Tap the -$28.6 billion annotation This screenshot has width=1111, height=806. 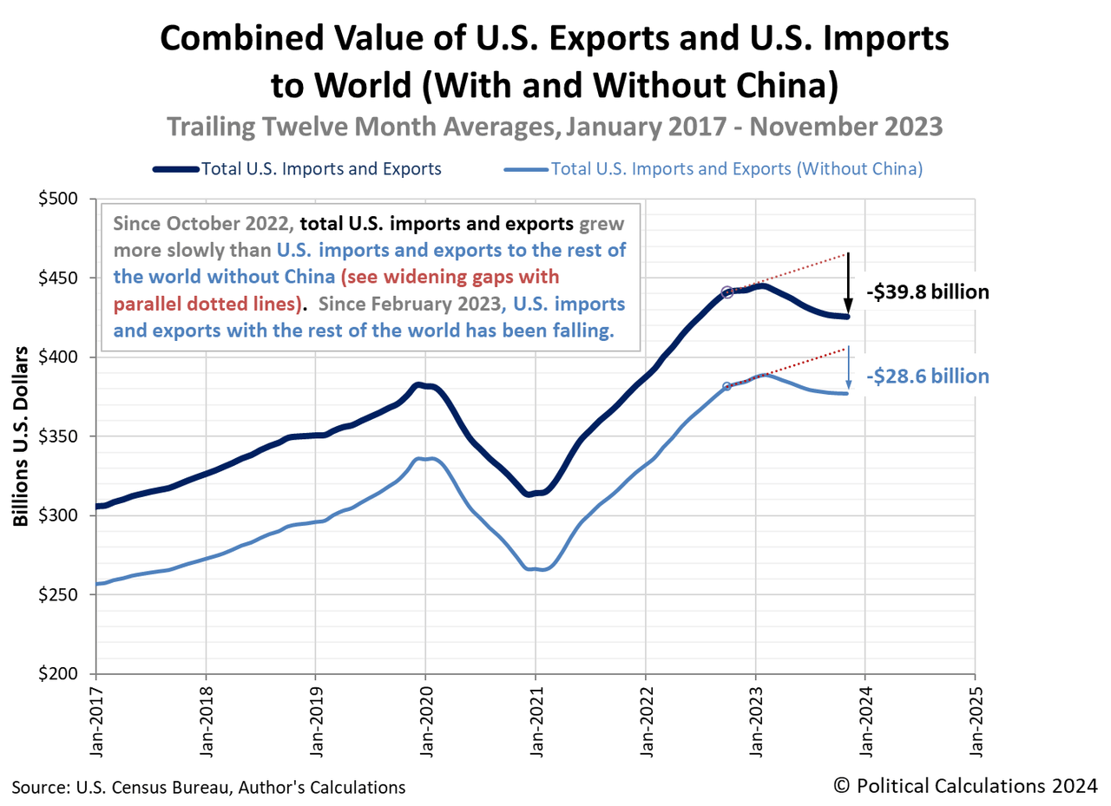coord(927,376)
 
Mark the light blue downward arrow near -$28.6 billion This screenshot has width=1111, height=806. coord(848,369)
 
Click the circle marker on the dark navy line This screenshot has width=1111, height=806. coord(727,292)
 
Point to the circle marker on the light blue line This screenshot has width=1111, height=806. coord(726,386)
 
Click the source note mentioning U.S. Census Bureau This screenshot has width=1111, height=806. coord(208,788)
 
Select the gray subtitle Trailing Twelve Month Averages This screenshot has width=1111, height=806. coord(555,127)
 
